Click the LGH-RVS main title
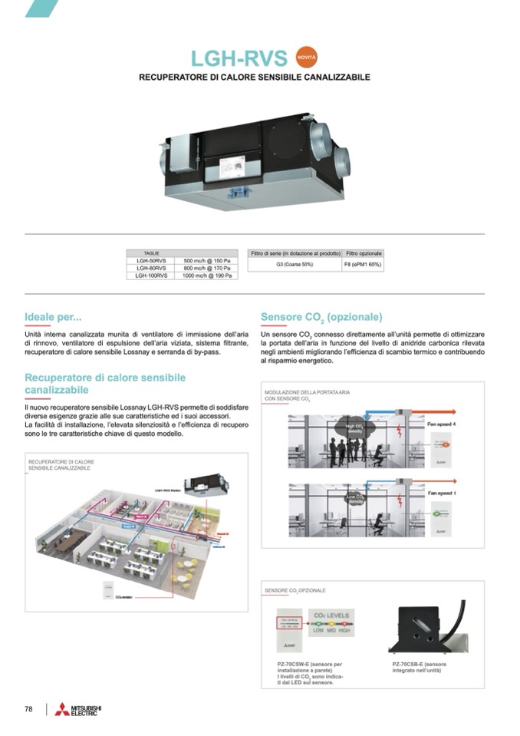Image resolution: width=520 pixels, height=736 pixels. pos(239,58)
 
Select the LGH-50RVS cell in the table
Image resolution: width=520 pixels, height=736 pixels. pos(151,261)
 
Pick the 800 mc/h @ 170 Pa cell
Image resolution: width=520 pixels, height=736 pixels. pos(206,268)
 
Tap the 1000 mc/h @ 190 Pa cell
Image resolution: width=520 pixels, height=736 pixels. pos(206,275)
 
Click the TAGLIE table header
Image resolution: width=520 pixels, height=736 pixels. pos(151,253)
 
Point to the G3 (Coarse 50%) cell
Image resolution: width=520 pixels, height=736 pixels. pos(294,264)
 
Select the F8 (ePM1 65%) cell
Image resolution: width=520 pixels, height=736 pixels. pos(362,264)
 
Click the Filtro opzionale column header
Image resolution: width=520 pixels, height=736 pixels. pos(362,253)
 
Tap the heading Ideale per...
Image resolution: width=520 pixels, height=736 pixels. pos(53,316)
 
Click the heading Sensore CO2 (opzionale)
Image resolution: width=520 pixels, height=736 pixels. pos(321,317)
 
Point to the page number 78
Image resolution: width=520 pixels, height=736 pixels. pos(28,709)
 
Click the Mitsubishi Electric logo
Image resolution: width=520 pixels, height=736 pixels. pos(77,709)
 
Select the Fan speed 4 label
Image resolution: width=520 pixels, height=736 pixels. pos(441,424)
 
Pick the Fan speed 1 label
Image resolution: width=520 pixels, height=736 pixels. pos(441,493)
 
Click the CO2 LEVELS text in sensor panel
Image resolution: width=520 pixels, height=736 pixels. pos(332,616)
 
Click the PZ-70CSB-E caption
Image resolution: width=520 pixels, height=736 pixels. pos(419,665)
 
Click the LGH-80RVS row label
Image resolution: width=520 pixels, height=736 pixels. pos(151,268)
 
